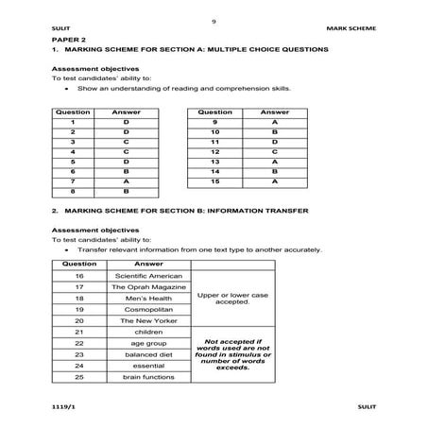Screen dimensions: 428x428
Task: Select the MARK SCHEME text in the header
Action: pyautogui.click(x=348, y=29)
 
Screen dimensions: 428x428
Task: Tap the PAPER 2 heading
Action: pyautogui.click(x=69, y=42)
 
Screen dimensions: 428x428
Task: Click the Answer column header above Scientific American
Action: pyautogui.click(x=149, y=265)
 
